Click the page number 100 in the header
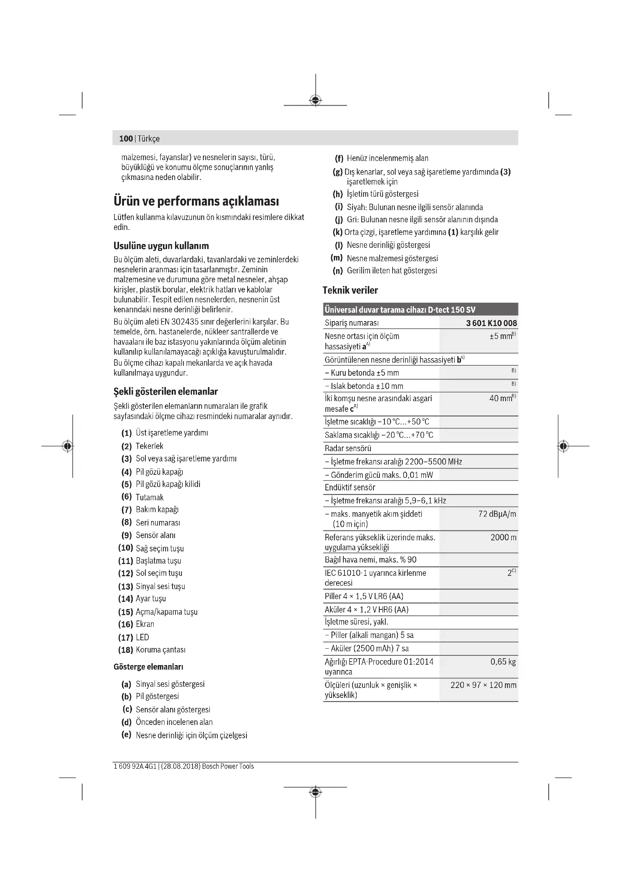126,139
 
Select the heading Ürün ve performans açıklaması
196,201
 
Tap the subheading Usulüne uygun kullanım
161,246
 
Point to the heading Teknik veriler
350,290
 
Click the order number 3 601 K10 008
491,323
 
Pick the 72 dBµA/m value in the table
497,514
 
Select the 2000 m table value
503,537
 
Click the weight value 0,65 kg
503,662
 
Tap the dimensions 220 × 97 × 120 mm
483,685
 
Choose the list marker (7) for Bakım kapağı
127,509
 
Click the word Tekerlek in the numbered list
149,446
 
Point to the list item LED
142,637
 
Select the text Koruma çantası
161,649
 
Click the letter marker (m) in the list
336,258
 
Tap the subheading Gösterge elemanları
148,667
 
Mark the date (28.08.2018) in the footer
181,766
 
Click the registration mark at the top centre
315,100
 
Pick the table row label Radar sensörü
348,448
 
